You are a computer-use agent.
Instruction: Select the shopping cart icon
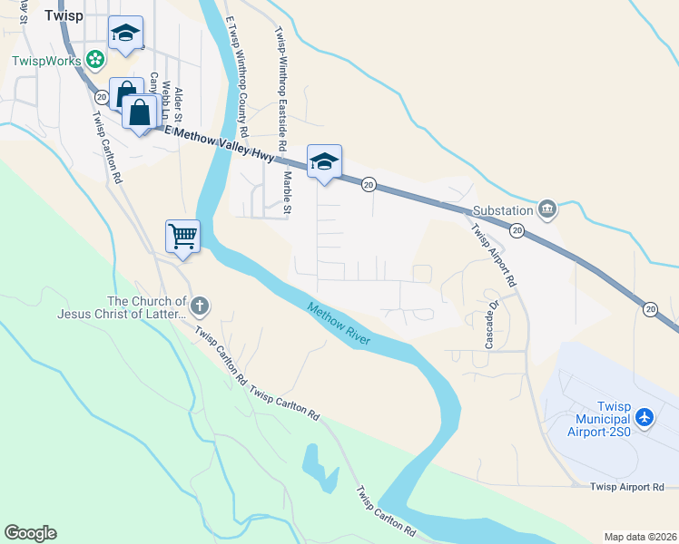[x=182, y=237]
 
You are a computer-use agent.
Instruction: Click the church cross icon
[x=200, y=306]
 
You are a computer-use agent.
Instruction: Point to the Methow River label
[x=339, y=323]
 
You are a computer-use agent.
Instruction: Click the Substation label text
[x=502, y=210]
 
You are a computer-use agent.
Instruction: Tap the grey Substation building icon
[x=546, y=209]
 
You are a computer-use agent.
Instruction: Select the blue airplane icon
[x=645, y=418]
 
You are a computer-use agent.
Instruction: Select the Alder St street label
[x=180, y=106]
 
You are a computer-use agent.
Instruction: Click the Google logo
[x=30, y=533]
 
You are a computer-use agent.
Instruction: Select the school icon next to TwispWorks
[x=125, y=35]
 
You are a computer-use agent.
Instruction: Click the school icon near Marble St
[x=324, y=162]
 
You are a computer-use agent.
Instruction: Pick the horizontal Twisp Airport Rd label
[x=626, y=488]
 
